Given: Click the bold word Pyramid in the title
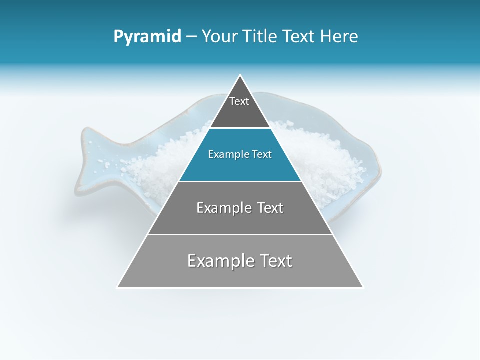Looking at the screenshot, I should [x=147, y=37].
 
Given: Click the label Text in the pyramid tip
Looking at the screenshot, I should [x=239, y=101].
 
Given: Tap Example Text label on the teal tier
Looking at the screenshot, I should [x=240, y=154].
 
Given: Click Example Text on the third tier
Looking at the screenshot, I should [x=240, y=208].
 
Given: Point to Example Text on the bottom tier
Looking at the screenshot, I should [x=240, y=261].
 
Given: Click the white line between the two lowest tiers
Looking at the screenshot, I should [x=240, y=234].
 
